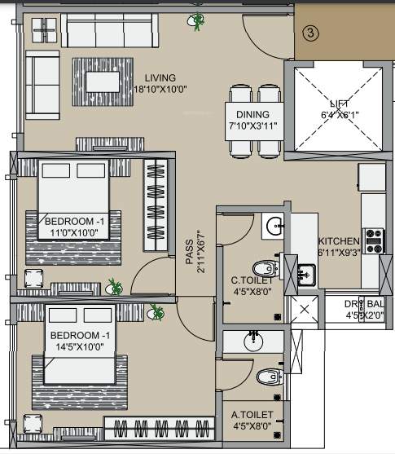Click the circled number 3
tap(310, 33)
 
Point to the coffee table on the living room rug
tap(102, 81)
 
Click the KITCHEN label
tap(339, 242)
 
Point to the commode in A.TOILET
tap(267, 377)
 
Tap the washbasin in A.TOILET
tap(254, 340)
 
